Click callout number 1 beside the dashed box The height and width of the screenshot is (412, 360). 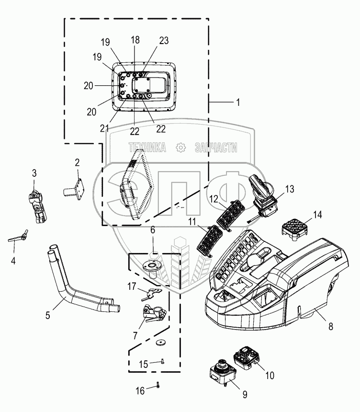pos(238,102)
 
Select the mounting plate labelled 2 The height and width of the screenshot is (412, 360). pos(74,189)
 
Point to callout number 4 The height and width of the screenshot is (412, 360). pos(13,261)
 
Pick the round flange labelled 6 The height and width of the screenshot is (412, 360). pos(153,270)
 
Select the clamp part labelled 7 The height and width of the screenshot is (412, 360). pos(154,313)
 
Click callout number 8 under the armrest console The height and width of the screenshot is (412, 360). pos(331,326)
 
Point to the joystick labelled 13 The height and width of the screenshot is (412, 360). pos(263,196)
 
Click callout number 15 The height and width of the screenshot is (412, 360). pos(143,365)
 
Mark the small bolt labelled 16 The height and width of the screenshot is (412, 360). pos(158,385)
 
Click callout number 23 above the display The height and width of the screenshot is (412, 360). pos(164,41)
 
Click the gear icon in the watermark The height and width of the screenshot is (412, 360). pos(181,148)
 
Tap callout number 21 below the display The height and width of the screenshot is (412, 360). pos(104,128)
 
